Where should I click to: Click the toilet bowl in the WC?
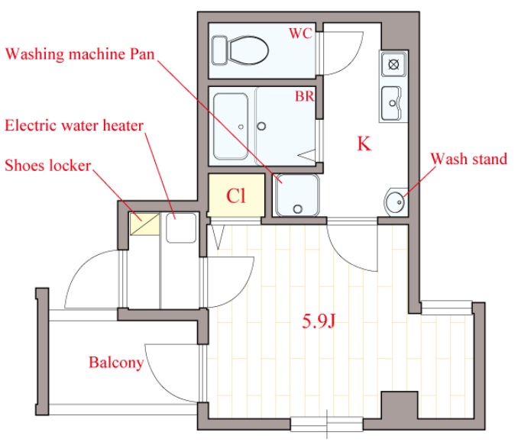(x=248, y=50)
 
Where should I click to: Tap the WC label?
(x=300, y=33)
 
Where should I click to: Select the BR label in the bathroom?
(x=304, y=96)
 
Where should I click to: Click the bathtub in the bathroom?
(x=231, y=127)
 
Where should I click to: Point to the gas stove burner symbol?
(x=393, y=64)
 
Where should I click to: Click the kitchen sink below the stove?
(x=392, y=103)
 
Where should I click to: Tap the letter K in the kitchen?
(x=364, y=144)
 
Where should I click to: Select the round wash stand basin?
(x=395, y=202)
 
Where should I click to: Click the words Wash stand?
(x=469, y=159)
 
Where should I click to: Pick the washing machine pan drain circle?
(x=298, y=208)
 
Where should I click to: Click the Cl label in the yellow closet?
(x=236, y=195)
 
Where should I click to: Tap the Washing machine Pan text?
(x=80, y=54)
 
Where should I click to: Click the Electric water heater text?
(x=74, y=126)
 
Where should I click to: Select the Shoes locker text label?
(x=48, y=166)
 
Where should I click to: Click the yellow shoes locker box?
(x=144, y=224)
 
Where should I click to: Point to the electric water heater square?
(x=181, y=227)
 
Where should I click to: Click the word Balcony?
(x=116, y=363)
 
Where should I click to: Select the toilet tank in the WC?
(x=219, y=50)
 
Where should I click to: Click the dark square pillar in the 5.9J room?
(x=400, y=405)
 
